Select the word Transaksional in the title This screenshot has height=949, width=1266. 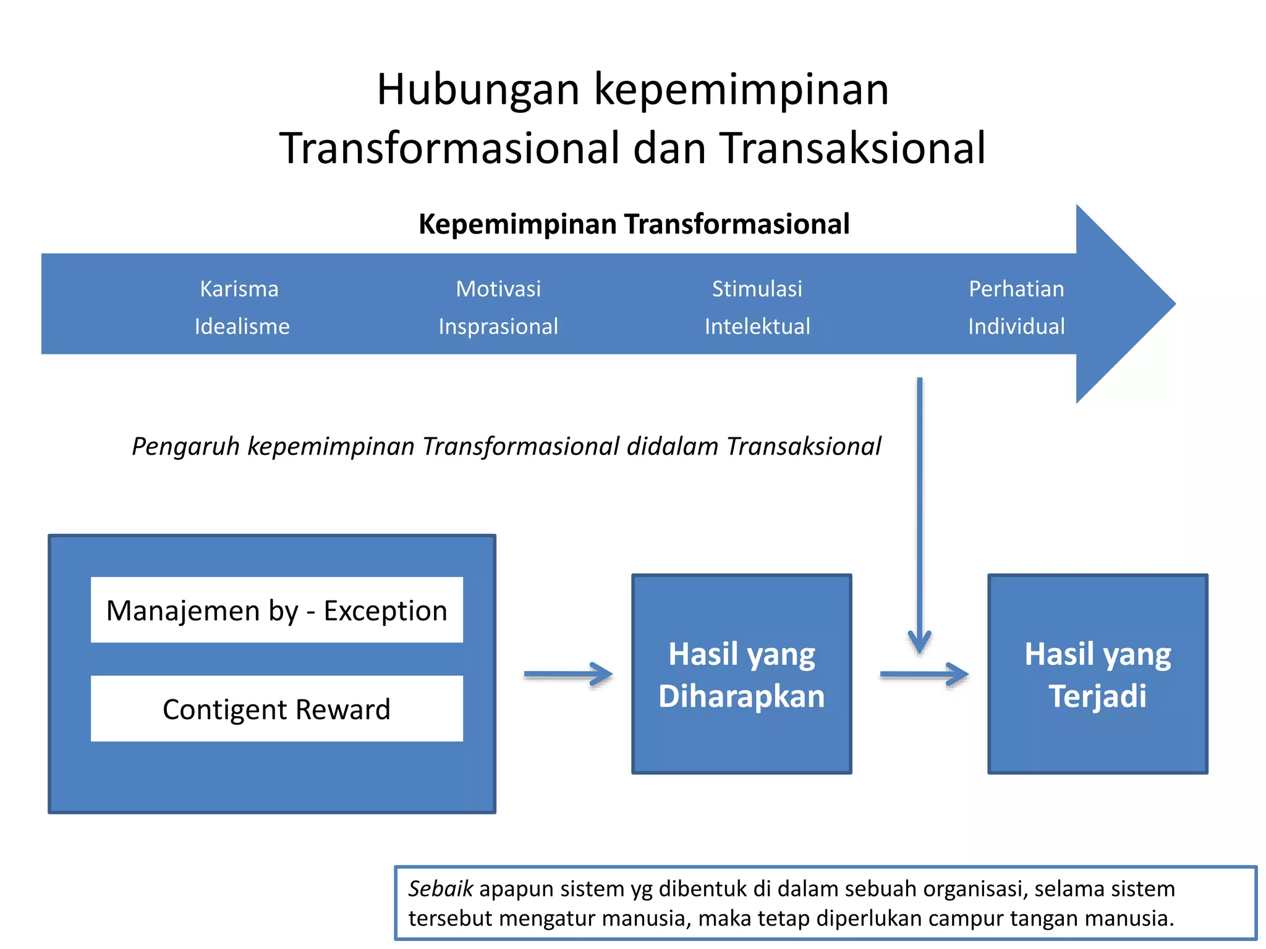click(853, 149)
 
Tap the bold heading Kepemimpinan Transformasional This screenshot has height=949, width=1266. click(634, 224)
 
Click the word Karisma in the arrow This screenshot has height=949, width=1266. click(239, 289)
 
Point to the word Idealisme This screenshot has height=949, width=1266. click(242, 326)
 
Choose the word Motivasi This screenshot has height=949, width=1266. click(498, 289)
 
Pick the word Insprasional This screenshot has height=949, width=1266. click(498, 326)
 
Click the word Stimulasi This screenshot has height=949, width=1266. click(757, 289)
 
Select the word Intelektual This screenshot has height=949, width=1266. click(757, 326)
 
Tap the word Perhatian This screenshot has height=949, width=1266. click(1016, 289)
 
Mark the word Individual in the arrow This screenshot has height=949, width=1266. click(1016, 326)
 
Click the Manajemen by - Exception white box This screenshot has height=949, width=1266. click(276, 610)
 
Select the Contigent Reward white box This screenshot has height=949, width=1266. click(276, 709)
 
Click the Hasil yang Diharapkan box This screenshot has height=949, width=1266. click(741, 674)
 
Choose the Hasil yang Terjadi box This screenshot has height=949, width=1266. click(1097, 674)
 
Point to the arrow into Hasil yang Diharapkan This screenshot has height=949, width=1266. click(568, 675)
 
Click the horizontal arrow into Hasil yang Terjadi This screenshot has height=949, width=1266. click(924, 675)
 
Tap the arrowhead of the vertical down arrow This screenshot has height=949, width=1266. click(919, 643)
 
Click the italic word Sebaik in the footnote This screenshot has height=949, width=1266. click(440, 888)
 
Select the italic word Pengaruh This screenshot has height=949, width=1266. click(185, 446)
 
